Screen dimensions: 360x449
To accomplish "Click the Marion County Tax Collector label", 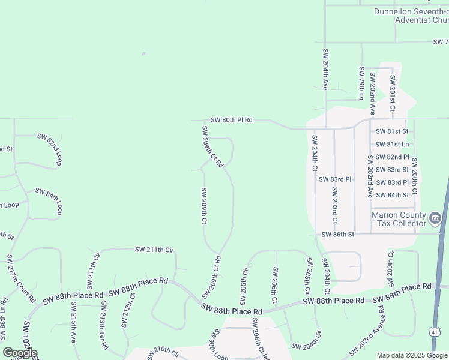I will [399, 219].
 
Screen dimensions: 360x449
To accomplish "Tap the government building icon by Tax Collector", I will [436, 217].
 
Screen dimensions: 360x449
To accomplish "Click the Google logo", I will [20, 353].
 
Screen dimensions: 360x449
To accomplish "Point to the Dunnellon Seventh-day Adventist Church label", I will [411, 16].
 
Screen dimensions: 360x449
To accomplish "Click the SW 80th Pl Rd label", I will [231, 120].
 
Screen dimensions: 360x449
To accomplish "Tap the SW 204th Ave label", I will [325, 69].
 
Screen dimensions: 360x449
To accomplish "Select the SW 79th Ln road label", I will [361, 83].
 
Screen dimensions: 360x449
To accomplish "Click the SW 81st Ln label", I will [391, 144].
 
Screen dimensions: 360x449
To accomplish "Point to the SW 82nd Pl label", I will [392, 157].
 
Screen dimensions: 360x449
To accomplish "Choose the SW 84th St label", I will [393, 195].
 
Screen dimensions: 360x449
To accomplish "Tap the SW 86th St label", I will [338, 234].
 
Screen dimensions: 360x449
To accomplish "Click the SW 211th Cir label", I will [154, 249].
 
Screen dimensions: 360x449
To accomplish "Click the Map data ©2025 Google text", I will [412, 355].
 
